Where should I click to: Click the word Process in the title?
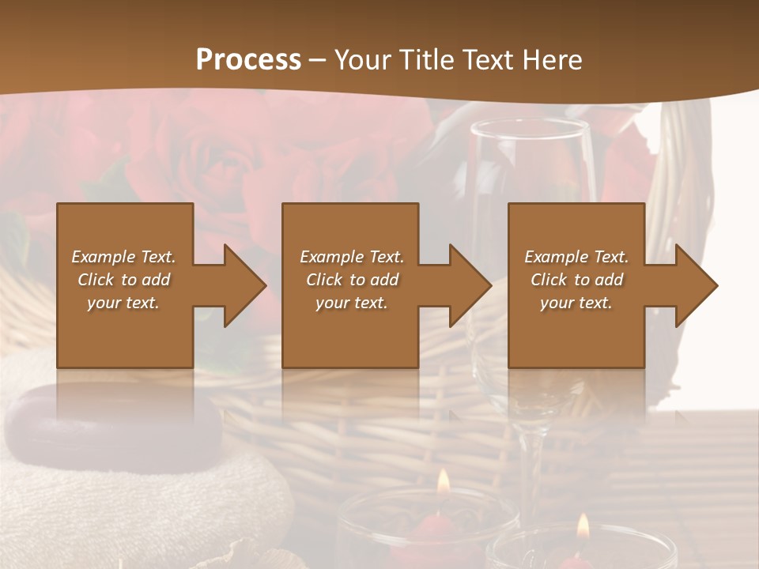pos(248,59)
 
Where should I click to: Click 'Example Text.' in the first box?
pos(123,257)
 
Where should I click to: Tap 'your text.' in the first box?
pos(123,303)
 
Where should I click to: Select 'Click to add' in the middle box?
pos(352,280)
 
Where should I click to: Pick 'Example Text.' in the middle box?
pos(352,257)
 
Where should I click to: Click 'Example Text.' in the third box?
pos(576,257)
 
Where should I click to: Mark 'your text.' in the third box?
pos(576,303)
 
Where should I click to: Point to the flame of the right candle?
pos(583,526)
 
